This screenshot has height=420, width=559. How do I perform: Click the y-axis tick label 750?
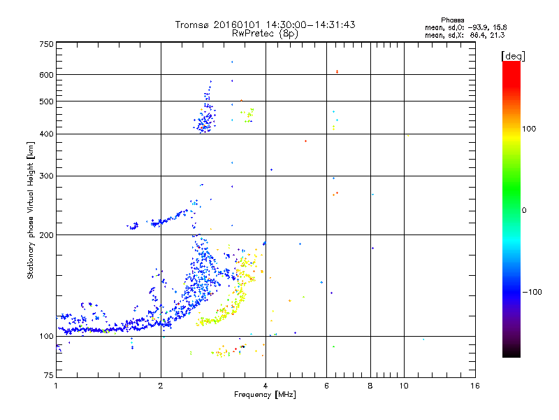[46, 43]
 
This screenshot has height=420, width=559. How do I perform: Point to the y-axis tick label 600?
[46, 74]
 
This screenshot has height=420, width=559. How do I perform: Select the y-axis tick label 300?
[46, 176]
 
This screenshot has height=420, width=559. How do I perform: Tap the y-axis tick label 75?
[48, 377]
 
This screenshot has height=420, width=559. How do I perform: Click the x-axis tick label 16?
[476, 386]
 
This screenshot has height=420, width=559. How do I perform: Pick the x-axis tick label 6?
[326, 386]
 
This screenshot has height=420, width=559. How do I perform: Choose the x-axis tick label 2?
[161, 386]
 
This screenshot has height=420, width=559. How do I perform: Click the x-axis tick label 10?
[403, 386]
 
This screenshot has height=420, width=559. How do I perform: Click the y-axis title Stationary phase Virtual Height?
[31, 210]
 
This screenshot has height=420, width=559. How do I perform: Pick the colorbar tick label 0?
[525, 210]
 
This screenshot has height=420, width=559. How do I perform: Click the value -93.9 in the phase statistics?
[473, 27]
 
